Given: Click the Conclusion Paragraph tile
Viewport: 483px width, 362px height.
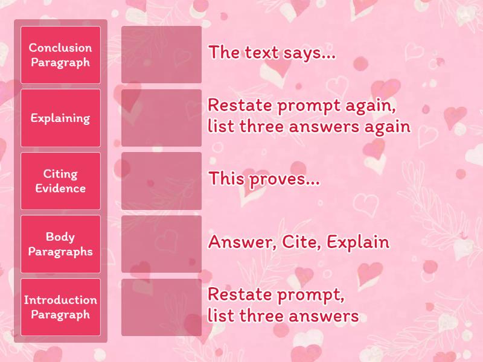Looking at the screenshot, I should pyautogui.click(x=60, y=55).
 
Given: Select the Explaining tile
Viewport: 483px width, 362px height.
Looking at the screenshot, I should pyautogui.click(x=60, y=118).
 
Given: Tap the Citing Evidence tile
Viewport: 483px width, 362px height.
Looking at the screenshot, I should pyautogui.click(x=60, y=181).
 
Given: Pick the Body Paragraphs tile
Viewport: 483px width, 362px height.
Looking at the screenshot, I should pyautogui.click(x=60, y=244).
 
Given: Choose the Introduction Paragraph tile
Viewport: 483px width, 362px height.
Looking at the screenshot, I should pyautogui.click(x=60, y=307).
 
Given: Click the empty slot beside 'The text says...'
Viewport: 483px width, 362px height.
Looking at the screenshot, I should pyautogui.click(x=161, y=55).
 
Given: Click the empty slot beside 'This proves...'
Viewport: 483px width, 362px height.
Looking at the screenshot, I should pyautogui.click(x=161, y=181).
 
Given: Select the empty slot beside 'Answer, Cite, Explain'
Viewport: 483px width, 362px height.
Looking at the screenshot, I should pyautogui.click(x=161, y=244).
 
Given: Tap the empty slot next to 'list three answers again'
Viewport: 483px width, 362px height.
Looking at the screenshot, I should pyautogui.click(x=161, y=118).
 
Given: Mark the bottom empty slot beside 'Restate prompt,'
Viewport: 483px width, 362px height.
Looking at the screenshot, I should pyautogui.click(x=161, y=307).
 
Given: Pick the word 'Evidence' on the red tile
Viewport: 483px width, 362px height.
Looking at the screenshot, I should pyautogui.click(x=60, y=188).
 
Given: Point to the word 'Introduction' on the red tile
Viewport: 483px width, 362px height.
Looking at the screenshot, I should pyautogui.click(x=60, y=300).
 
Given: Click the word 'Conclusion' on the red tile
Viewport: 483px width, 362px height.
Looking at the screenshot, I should pyautogui.click(x=60, y=48).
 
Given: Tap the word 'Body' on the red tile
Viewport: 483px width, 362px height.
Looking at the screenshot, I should pyautogui.click(x=60, y=237).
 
